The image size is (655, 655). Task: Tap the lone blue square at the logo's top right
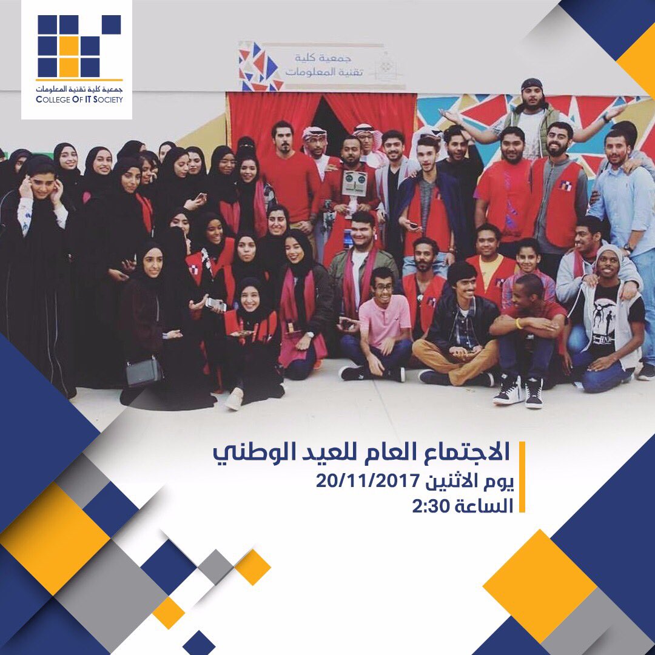point(111,25)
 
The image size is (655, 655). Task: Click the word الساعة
point(483,506)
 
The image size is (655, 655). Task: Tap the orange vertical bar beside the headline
point(522,478)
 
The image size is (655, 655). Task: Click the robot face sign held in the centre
point(355,181)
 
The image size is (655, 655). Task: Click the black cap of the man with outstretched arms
point(532,84)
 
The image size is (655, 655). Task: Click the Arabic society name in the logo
point(79,89)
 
